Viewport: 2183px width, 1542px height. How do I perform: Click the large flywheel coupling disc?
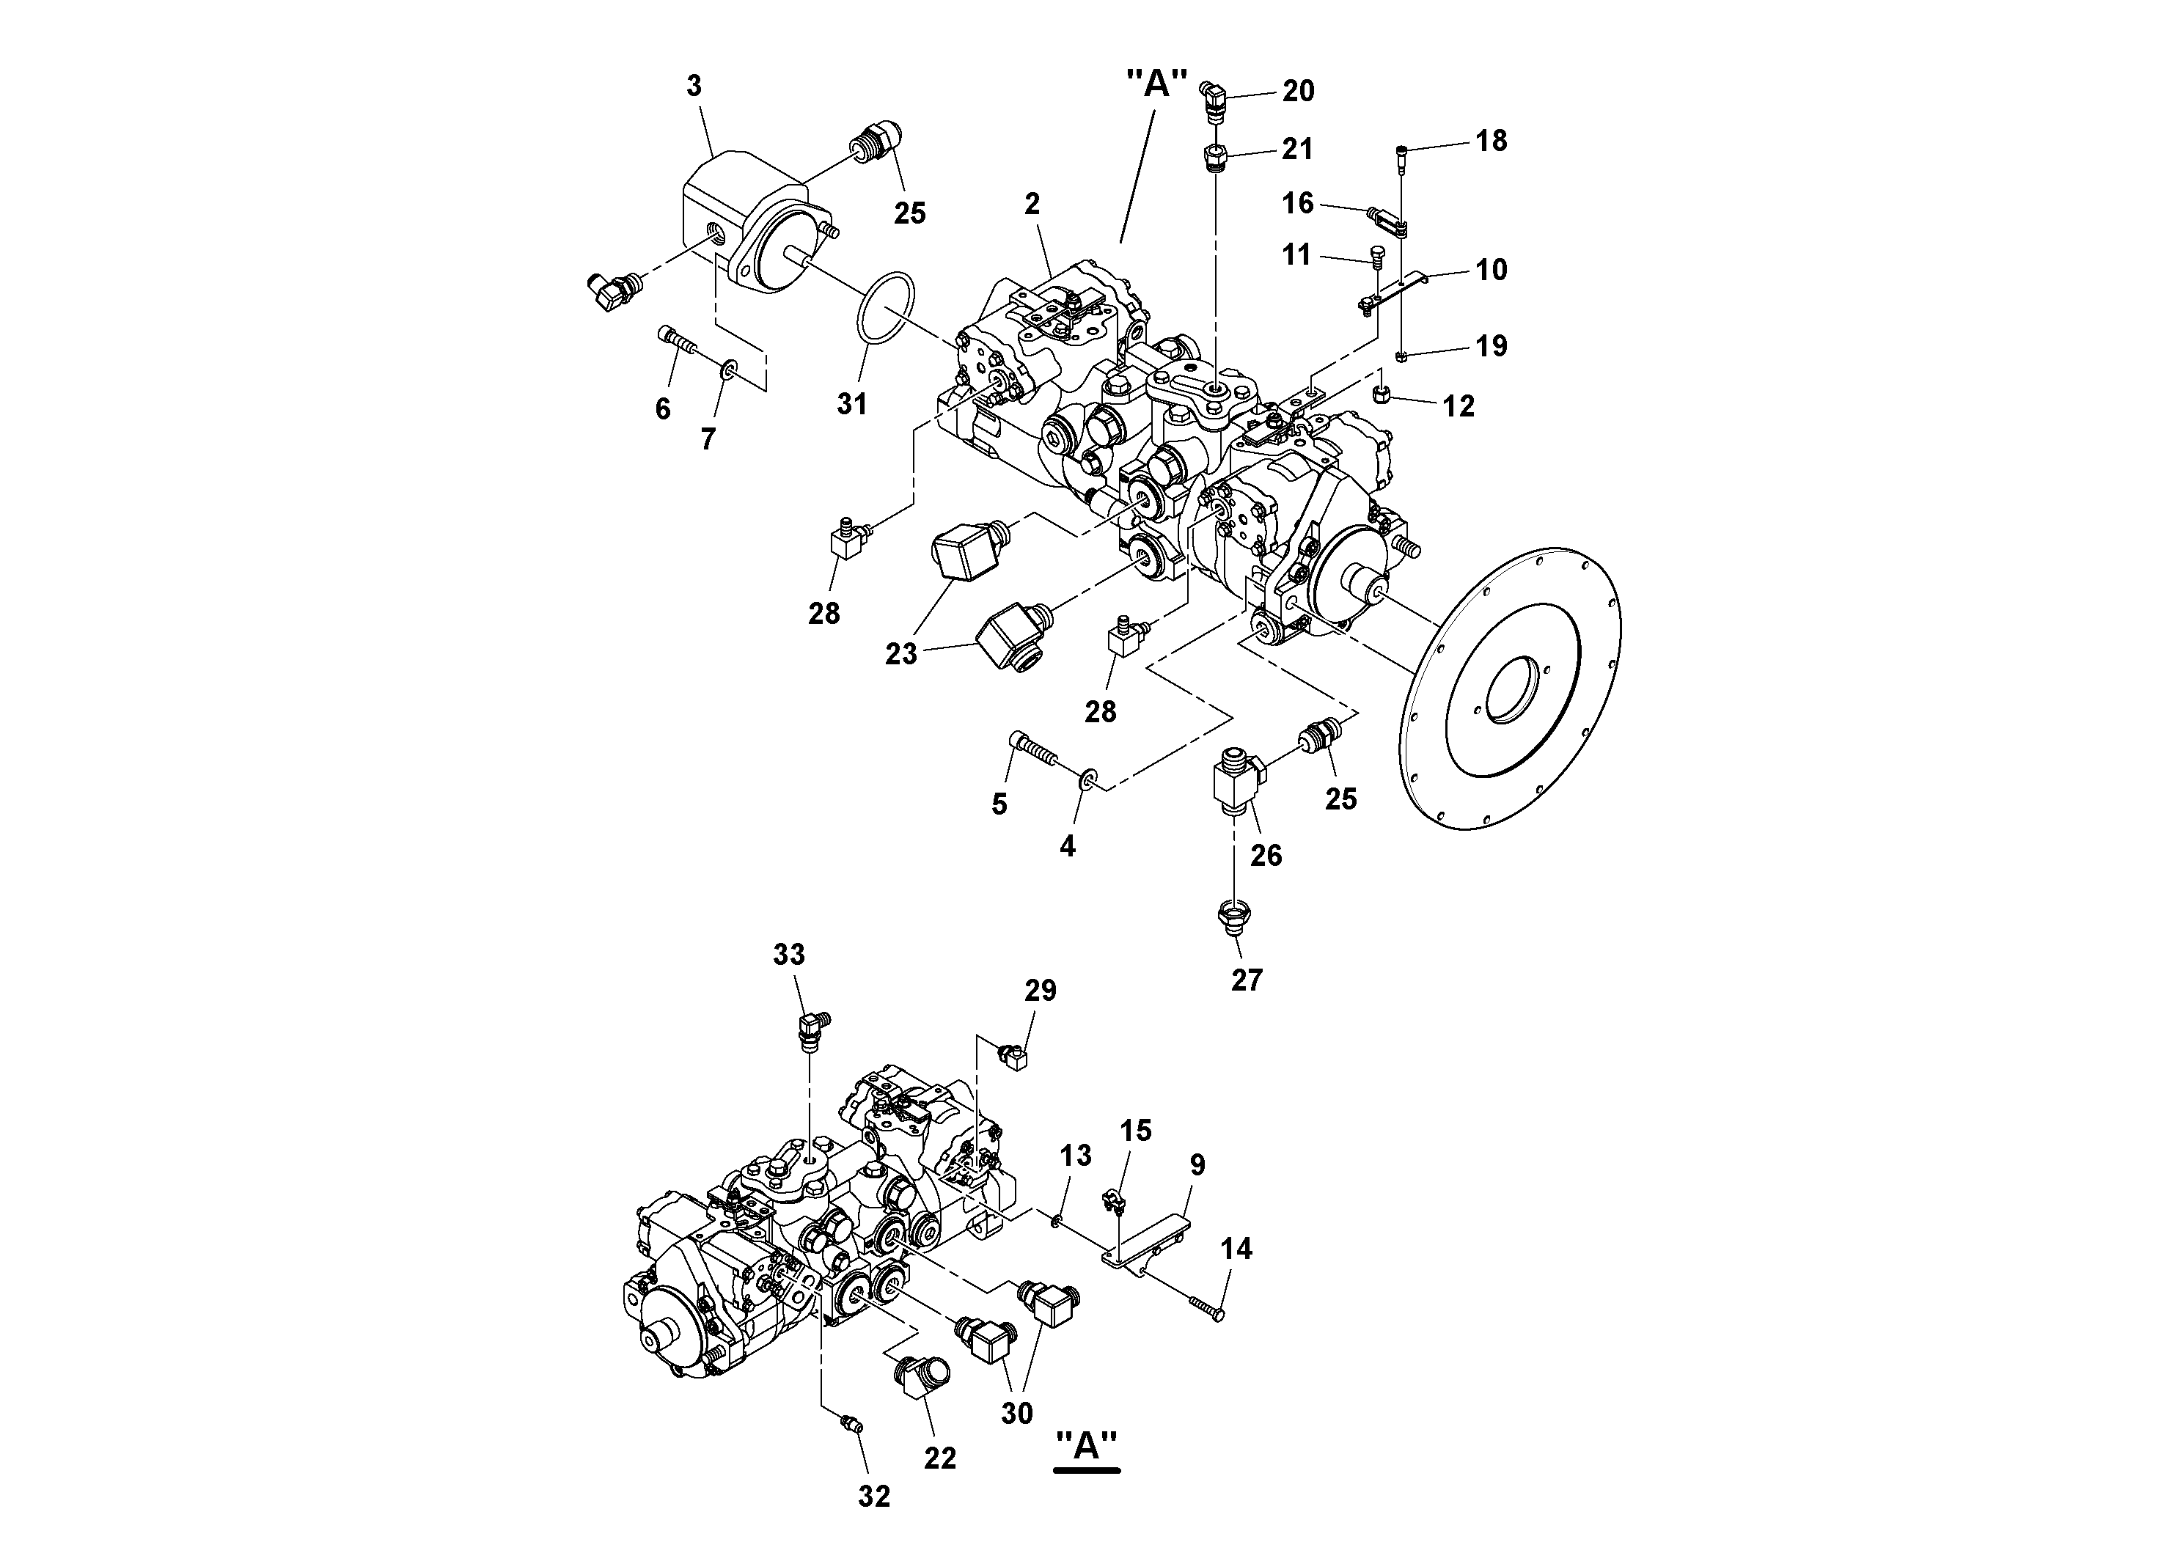pyautogui.click(x=1512, y=691)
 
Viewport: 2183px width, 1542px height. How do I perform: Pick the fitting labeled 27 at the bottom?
pyautogui.click(x=1233, y=917)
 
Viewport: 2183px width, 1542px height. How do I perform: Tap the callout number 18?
pyautogui.click(x=1491, y=141)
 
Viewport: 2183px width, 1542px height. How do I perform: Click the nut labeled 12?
pyautogui.click(x=1384, y=394)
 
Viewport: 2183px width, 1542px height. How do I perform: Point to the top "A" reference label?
pyautogui.click(x=1156, y=84)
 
